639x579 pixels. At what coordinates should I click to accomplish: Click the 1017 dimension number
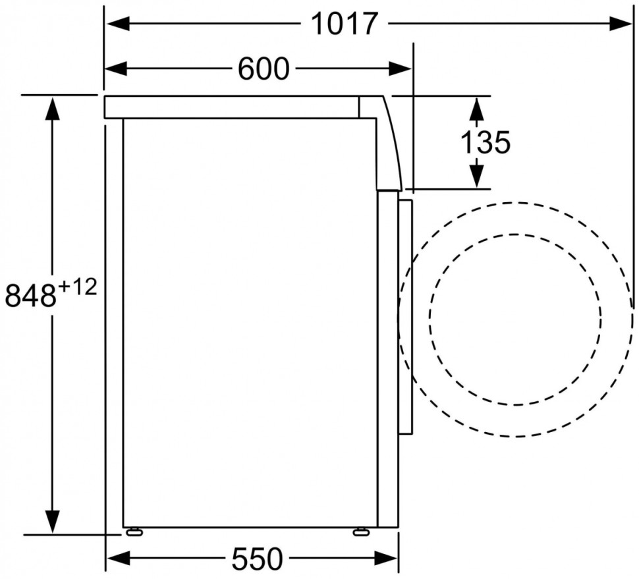tap(345, 24)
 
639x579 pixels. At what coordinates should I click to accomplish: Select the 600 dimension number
tap(264, 69)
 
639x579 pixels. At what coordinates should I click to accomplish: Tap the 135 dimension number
tap(485, 142)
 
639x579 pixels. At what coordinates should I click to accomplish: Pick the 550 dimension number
tap(257, 559)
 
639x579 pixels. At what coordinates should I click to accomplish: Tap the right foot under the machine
tap(361, 532)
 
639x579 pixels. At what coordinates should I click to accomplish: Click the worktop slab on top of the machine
tap(231, 107)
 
